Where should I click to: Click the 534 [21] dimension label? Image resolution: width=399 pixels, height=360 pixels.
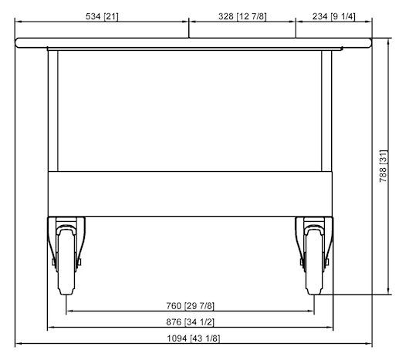pyautogui.click(x=101, y=15)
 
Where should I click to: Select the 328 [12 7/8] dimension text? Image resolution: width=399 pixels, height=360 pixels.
pyautogui.click(x=242, y=15)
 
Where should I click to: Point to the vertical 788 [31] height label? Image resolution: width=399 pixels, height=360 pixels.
pyautogui.click(x=383, y=166)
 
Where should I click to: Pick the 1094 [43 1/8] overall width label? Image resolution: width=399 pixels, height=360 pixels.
pyautogui.click(x=194, y=338)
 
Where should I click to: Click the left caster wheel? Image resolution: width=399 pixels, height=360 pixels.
pyautogui.click(x=67, y=260)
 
